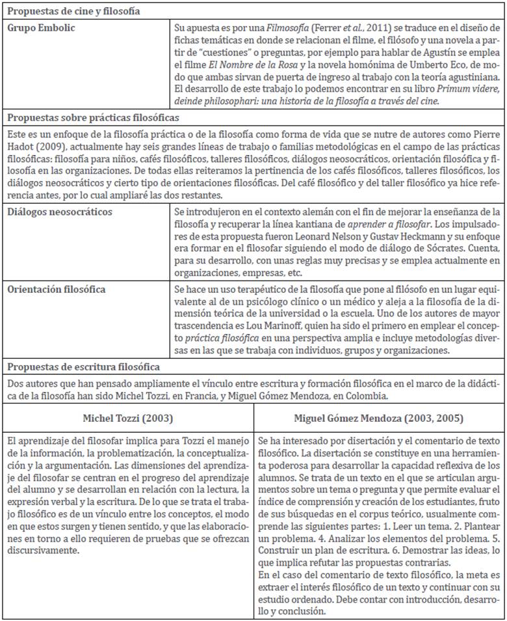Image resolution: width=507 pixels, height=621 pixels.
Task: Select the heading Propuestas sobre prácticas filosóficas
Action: click(x=92, y=118)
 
